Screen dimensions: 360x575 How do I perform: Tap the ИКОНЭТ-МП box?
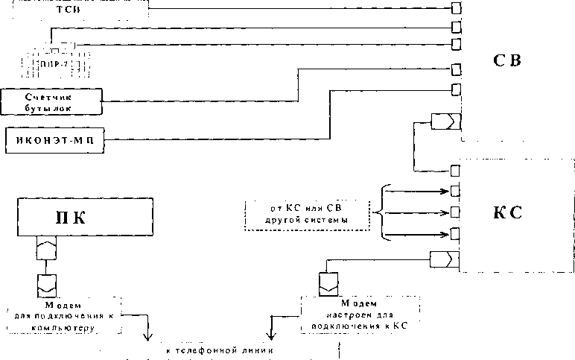coord(54,139)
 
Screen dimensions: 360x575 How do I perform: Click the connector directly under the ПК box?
coord(46,249)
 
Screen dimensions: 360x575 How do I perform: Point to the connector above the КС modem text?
coord(327,282)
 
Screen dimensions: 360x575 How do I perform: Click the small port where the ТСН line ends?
coord(455,9)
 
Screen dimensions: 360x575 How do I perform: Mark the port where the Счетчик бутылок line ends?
coord(455,71)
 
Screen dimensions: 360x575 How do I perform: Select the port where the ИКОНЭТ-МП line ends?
coord(455,89)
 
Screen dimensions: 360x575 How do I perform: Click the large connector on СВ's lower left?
coord(446,121)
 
